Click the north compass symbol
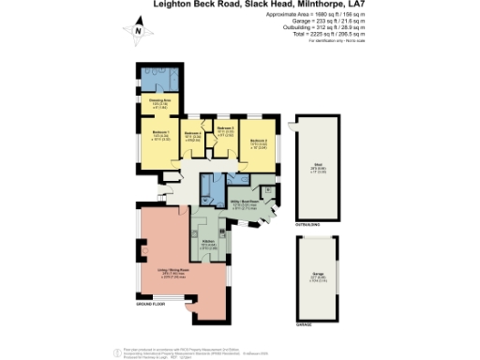(x=138, y=31)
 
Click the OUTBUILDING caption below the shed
(x=309, y=224)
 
